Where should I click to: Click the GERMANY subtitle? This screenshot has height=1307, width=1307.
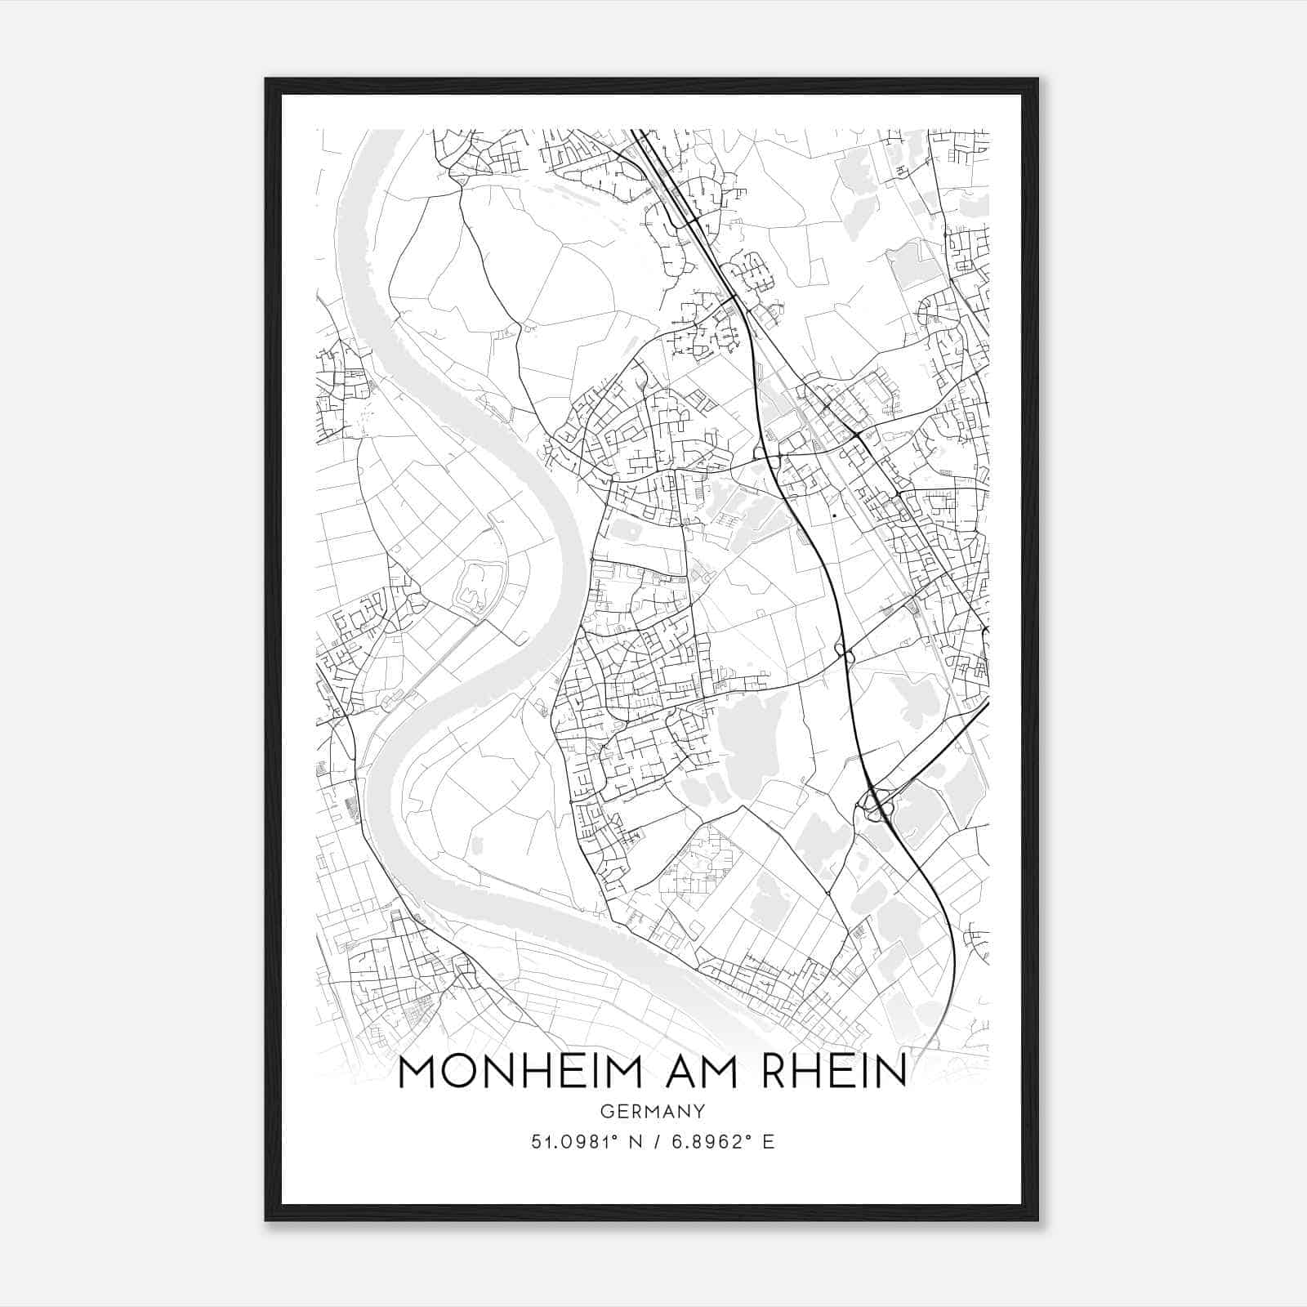pos(652,1111)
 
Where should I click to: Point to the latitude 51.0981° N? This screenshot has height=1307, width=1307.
pos(582,1142)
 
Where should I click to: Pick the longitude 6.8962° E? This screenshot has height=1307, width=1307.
pos(722,1142)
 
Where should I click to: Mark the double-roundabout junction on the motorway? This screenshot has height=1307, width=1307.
pos(844,652)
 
